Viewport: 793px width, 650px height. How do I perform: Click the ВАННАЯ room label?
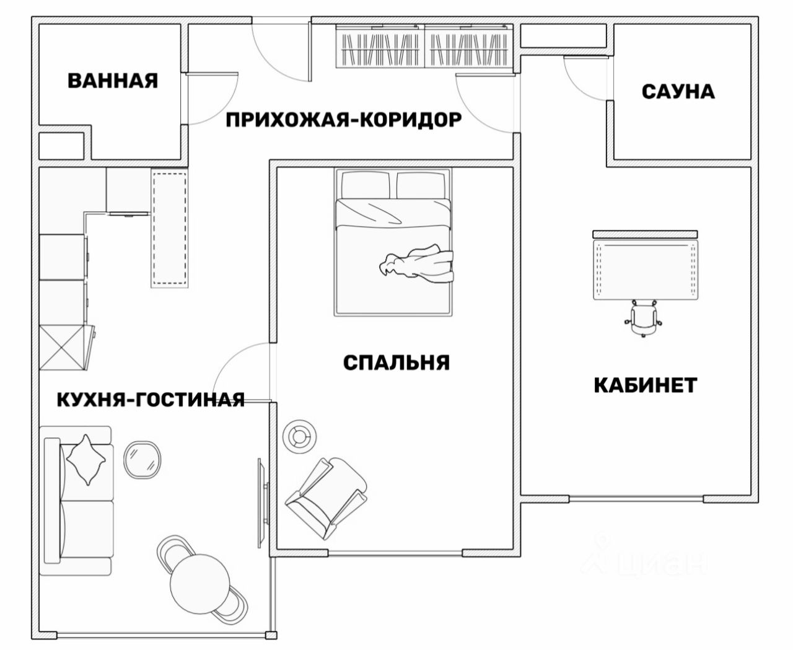pos(113,81)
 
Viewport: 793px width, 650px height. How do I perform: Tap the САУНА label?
pos(678,92)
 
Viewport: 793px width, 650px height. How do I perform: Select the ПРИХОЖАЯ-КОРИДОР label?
pos(343,120)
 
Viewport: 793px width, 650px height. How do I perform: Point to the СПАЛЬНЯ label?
pos(396,362)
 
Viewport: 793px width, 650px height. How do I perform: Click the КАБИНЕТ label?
pos(646,385)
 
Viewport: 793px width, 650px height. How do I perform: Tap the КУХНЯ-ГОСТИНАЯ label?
pos(151,400)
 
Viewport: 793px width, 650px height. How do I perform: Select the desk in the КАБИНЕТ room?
pos(645,270)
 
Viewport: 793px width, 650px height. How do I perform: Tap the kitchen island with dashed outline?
pos(169,229)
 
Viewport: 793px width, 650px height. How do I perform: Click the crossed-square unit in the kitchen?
pos(62,348)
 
